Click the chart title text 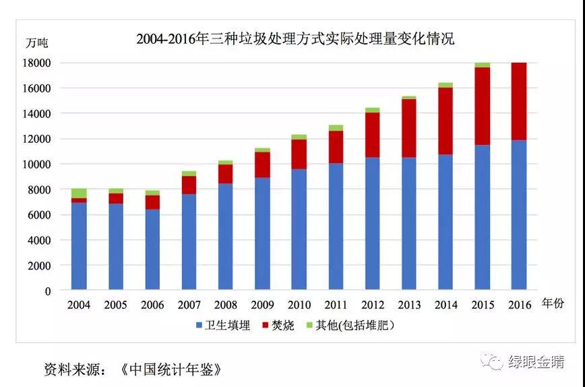pyautogui.click(x=295, y=39)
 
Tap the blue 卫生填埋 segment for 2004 pyautogui.click(x=79, y=246)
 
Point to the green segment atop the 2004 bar pyautogui.click(x=79, y=193)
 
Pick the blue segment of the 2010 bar pyautogui.click(x=299, y=229)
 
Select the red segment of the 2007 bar pyautogui.click(x=189, y=185)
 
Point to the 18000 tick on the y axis pyautogui.click(x=37, y=63)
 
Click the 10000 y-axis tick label pyautogui.click(x=37, y=165)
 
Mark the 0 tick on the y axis pyautogui.click(x=47, y=291)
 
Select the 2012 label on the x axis pyautogui.click(x=372, y=305)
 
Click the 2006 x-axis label pyautogui.click(x=152, y=305)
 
